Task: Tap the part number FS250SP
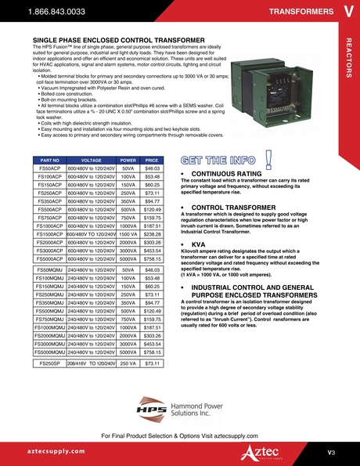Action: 50,363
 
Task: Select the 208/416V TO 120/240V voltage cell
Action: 92,363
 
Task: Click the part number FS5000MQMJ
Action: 50,352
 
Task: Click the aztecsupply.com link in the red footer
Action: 53,452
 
